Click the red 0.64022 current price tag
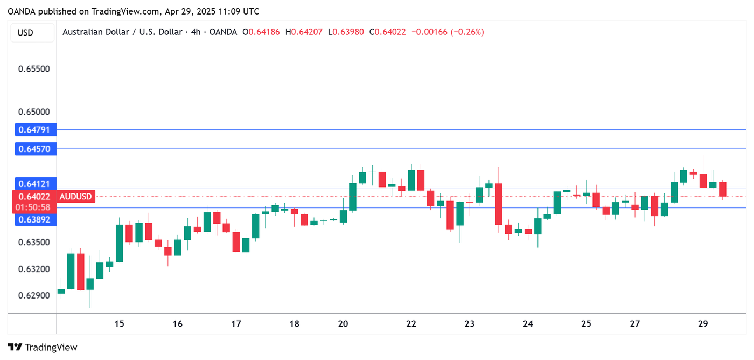click(34, 197)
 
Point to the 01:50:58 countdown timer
click(34, 207)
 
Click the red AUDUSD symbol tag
click(75, 197)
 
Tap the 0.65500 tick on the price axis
click(34, 69)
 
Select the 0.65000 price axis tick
click(34, 112)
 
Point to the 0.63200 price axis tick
click(34, 268)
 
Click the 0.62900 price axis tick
click(34, 295)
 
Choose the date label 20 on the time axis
click(343, 324)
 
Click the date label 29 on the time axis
click(702, 324)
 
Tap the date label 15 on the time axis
click(119, 324)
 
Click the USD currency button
click(25, 32)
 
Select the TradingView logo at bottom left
click(43, 348)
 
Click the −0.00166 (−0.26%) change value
click(448, 32)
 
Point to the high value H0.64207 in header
click(304, 32)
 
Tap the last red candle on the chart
click(722, 189)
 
